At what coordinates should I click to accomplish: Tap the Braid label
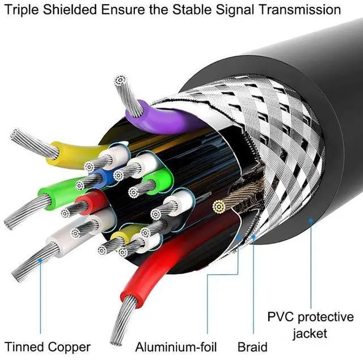click(x=252, y=346)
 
